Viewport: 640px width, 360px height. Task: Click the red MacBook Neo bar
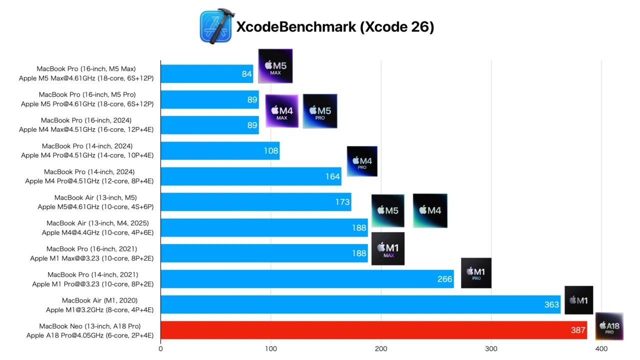tap(373, 330)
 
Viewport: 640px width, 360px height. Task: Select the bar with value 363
tap(360, 304)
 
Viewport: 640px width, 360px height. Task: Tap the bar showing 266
tap(307, 279)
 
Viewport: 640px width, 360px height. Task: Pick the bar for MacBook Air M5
tap(255, 202)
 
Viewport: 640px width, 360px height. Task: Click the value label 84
tap(246, 74)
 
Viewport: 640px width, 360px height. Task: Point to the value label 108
tap(271, 151)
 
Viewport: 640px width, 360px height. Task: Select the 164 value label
tap(332, 176)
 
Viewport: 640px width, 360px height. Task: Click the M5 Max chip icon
tap(275, 66)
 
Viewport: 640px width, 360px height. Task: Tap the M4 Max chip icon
tap(281, 111)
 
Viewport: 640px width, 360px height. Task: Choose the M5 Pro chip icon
tap(320, 111)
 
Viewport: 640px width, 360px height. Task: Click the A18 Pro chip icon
tap(609, 326)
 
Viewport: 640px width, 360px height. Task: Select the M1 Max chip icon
tap(388, 248)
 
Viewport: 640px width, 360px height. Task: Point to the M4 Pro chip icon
tap(362, 161)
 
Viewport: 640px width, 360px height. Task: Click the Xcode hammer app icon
tap(216, 26)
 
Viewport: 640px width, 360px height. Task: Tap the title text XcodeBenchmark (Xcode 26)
tap(335, 27)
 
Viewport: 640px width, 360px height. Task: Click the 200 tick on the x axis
tap(381, 349)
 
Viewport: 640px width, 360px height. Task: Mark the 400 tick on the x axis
tap(601, 349)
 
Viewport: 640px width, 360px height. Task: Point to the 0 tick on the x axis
tap(160, 349)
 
